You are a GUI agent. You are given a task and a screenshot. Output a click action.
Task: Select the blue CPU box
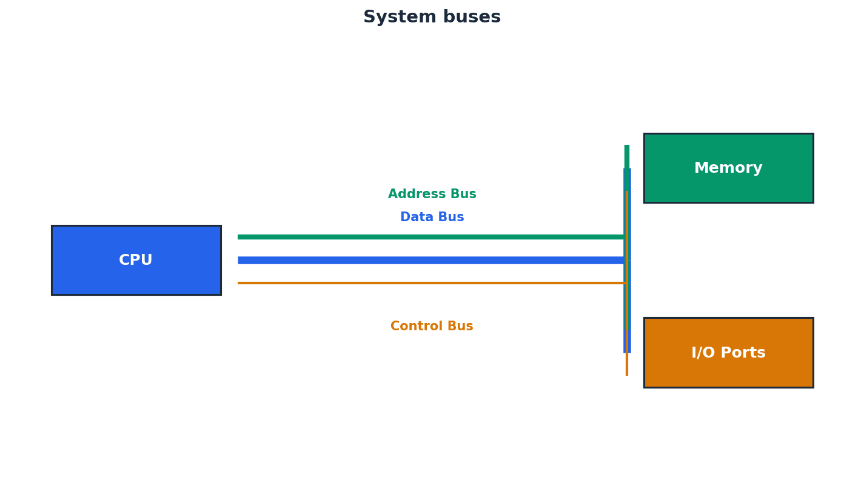pyautogui.click(x=136, y=260)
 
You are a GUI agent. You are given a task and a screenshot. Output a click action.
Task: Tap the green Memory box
pyautogui.click(x=728, y=168)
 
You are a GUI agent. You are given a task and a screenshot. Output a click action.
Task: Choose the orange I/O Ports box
pyautogui.click(x=728, y=352)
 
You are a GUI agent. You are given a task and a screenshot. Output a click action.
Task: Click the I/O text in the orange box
pyautogui.click(x=703, y=353)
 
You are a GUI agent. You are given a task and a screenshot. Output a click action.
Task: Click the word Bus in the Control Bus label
pyautogui.click(x=460, y=327)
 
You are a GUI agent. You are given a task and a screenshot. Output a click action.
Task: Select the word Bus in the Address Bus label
pyautogui.click(x=462, y=195)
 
